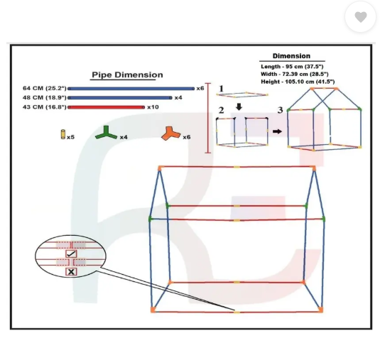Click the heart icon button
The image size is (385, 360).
pos(360,17)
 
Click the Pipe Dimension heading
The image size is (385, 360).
pos(127,75)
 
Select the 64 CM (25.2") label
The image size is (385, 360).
pos(45,88)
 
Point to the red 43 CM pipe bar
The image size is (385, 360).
pos(107,107)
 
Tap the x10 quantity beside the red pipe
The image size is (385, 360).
pos(153,107)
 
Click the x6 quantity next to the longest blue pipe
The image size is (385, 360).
pos(200,88)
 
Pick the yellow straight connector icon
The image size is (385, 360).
pos(63,134)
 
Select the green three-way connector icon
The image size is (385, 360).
pos(106,133)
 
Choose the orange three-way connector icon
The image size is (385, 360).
pos(171,133)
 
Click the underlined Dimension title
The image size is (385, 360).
pos(291,56)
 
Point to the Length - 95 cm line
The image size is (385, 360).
pos(292,67)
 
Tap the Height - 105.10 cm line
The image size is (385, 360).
pos(298,82)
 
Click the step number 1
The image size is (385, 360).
pos(221,89)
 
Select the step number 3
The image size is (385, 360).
pos(280,110)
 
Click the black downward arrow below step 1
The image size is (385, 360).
pos(239,107)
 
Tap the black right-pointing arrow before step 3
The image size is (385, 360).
pos(277,131)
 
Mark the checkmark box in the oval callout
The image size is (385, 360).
pos(71,253)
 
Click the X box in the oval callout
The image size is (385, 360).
pos(71,272)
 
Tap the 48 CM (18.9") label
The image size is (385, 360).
pos(45,98)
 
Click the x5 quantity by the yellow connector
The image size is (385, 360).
pos(70,137)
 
